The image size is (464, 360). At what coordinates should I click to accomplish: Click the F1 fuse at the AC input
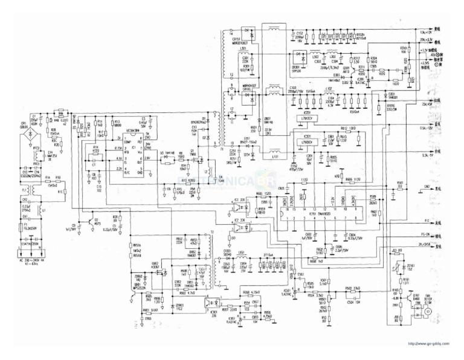coord(24,230)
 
